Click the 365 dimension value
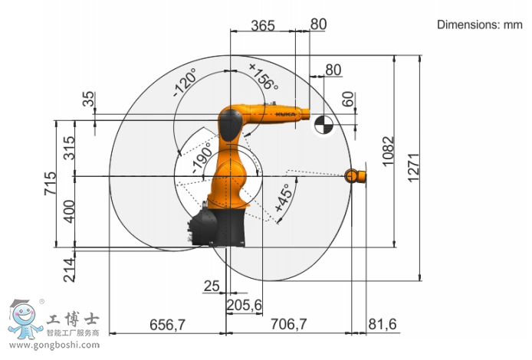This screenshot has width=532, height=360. pyautogui.click(x=263, y=25)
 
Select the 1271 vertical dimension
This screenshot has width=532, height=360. pyautogui.click(x=414, y=168)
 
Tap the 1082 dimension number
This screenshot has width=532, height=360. pyautogui.click(x=389, y=152)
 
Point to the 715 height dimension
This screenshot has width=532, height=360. pyautogui.click(x=51, y=183)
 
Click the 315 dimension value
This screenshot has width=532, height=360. pyautogui.click(x=69, y=148)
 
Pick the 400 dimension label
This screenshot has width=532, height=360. pyautogui.click(x=69, y=211)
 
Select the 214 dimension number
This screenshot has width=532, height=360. pyautogui.click(x=69, y=270)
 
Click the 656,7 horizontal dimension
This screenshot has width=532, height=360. pyautogui.click(x=167, y=325)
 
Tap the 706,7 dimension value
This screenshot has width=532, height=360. pyautogui.click(x=288, y=324)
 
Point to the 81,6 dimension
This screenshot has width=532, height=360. pyautogui.click(x=383, y=325)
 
